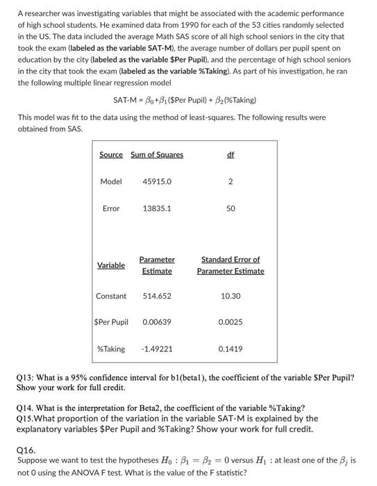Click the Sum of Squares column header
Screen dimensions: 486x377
pos(157,154)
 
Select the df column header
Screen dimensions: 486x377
pos(231,154)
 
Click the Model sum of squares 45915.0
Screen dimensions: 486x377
pos(157,181)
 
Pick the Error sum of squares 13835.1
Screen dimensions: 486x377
pos(157,208)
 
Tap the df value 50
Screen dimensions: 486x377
pos(231,208)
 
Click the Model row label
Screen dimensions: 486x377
pos(111,181)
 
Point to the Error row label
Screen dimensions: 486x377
pos(111,208)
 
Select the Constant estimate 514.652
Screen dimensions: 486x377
pos(157,296)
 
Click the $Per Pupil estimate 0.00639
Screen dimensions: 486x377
pos(157,322)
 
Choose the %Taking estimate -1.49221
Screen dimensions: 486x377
pos(157,349)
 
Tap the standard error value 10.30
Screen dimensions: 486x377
pos(231,296)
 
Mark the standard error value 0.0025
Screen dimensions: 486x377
pos(231,322)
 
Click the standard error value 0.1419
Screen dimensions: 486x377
pos(231,349)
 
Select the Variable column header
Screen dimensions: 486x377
pos(111,265)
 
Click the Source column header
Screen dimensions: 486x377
pos(111,154)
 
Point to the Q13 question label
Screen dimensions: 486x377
pos(26,378)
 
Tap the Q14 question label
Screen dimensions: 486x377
pos(26,408)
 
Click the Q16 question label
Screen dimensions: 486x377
pos(26,449)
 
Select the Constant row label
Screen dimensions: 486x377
pos(111,296)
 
